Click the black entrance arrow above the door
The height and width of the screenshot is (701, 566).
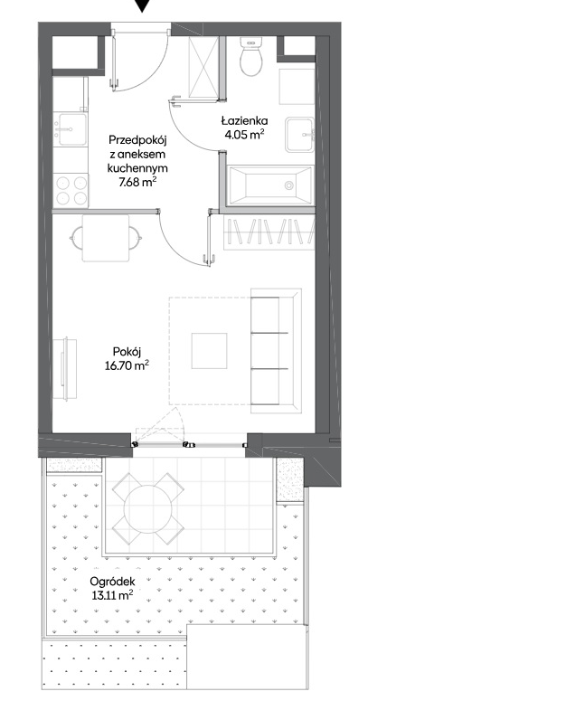coord(142,5)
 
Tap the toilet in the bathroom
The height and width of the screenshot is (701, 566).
coord(250,56)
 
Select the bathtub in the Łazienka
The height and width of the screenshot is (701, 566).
coord(269,185)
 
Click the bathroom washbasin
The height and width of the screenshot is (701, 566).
coord(300,134)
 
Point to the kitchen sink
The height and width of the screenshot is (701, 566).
coord(71,129)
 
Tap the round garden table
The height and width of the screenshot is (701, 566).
coord(148,508)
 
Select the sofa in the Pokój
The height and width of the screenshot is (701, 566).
coord(276,351)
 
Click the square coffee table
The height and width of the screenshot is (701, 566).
coord(209,351)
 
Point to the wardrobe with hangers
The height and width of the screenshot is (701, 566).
coord(269,232)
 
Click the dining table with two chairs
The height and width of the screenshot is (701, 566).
coord(106,238)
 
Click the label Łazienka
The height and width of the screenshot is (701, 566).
coord(244,120)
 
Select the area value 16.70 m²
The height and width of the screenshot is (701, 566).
coord(127,365)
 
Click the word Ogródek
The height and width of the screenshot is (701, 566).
coord(112,583)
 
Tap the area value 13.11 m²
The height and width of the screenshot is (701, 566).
coord(112,595)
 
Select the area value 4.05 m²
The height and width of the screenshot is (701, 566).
coord(244,134)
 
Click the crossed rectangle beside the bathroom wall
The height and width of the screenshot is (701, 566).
coord(203,67)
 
